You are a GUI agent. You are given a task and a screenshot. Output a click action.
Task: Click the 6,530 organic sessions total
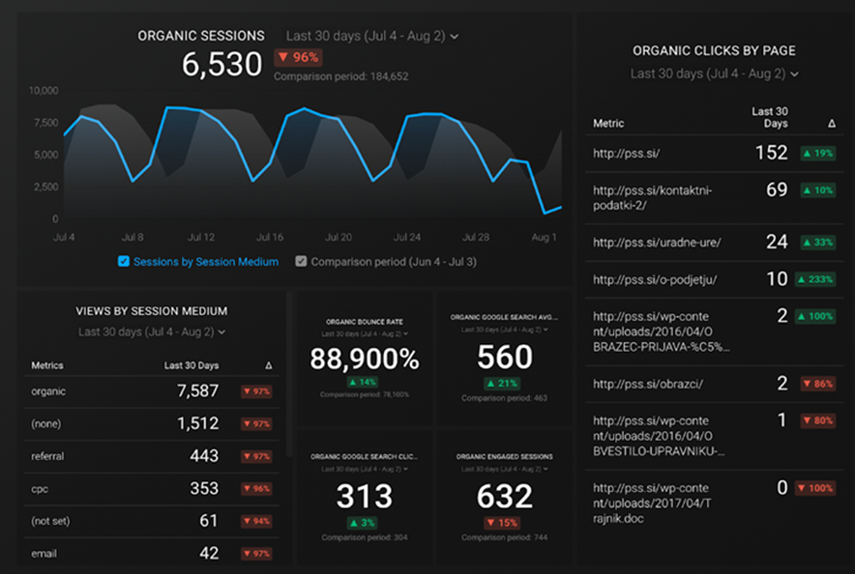point(222,65)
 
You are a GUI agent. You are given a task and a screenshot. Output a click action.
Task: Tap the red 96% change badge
point(297,57)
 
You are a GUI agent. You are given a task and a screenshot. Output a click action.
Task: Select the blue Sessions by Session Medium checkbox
point(123,261)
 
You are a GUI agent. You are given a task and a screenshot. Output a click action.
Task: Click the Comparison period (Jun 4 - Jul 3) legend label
point(394,261)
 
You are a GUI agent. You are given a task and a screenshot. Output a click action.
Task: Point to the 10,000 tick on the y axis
point(43,91)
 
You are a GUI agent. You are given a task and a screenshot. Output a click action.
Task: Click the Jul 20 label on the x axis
point(339,237)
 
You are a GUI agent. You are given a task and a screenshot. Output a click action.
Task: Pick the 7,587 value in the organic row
point(198,390)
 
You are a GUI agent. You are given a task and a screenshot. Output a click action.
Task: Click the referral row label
point(49,455)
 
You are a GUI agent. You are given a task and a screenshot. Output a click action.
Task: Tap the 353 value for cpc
point(203,488)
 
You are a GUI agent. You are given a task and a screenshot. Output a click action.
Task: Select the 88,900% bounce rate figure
point(365,359)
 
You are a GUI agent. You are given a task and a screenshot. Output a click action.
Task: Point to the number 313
point(364,496)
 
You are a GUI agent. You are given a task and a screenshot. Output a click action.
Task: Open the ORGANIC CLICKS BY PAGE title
point(714,50)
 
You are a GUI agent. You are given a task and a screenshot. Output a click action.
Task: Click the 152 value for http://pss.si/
point(771,153)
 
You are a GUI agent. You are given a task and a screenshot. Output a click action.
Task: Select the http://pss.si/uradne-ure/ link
point(656,242)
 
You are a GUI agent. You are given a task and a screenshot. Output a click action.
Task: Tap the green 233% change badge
point(814,279)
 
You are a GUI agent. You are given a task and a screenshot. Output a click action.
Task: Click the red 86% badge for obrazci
point(818,384)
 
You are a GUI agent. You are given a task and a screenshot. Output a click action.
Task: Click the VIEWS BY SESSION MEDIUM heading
point(152,311)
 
